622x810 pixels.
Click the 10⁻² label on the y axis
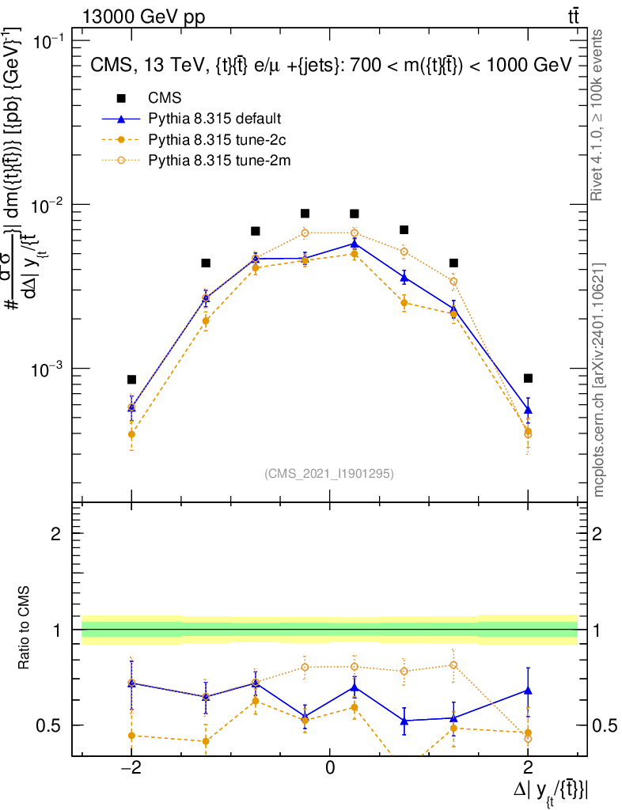tap(49, 206)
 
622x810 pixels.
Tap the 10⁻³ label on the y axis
tap(49, 370)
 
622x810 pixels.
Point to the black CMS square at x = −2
tap(131, 380)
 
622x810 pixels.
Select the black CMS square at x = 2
tap(528, 378)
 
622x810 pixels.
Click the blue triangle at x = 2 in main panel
tap(528, 410)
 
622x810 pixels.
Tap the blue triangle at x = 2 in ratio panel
tap(528, 691)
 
